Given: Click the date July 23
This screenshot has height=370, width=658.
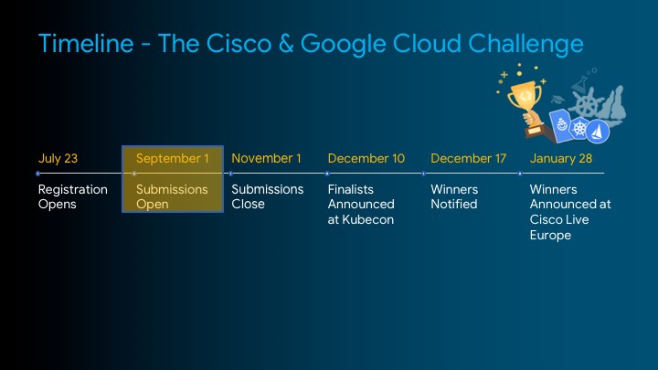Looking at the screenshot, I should point(58,158).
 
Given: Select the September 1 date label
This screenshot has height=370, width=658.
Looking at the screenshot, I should point(172,158).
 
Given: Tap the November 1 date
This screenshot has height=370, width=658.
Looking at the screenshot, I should point(266,158).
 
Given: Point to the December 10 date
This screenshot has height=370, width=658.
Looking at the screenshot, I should point(366,158).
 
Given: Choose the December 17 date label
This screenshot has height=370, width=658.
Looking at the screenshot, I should point(468,158).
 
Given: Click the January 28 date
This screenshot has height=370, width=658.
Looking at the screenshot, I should point(561,158).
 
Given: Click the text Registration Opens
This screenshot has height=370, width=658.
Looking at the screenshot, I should point(72,196).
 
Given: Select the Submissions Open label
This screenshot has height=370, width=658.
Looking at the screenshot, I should point(172,196).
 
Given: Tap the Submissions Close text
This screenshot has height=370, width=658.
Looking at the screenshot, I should point(267,196).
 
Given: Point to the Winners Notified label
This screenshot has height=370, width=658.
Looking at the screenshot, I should point(454,196).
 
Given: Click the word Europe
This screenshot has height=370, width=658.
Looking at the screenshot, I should point(550,235).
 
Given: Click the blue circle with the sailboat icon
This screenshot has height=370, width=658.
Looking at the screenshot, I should point(598,132).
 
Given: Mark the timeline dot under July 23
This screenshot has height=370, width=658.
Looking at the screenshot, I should point(37,173).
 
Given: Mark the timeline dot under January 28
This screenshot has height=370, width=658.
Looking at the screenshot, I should point(520,173).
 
